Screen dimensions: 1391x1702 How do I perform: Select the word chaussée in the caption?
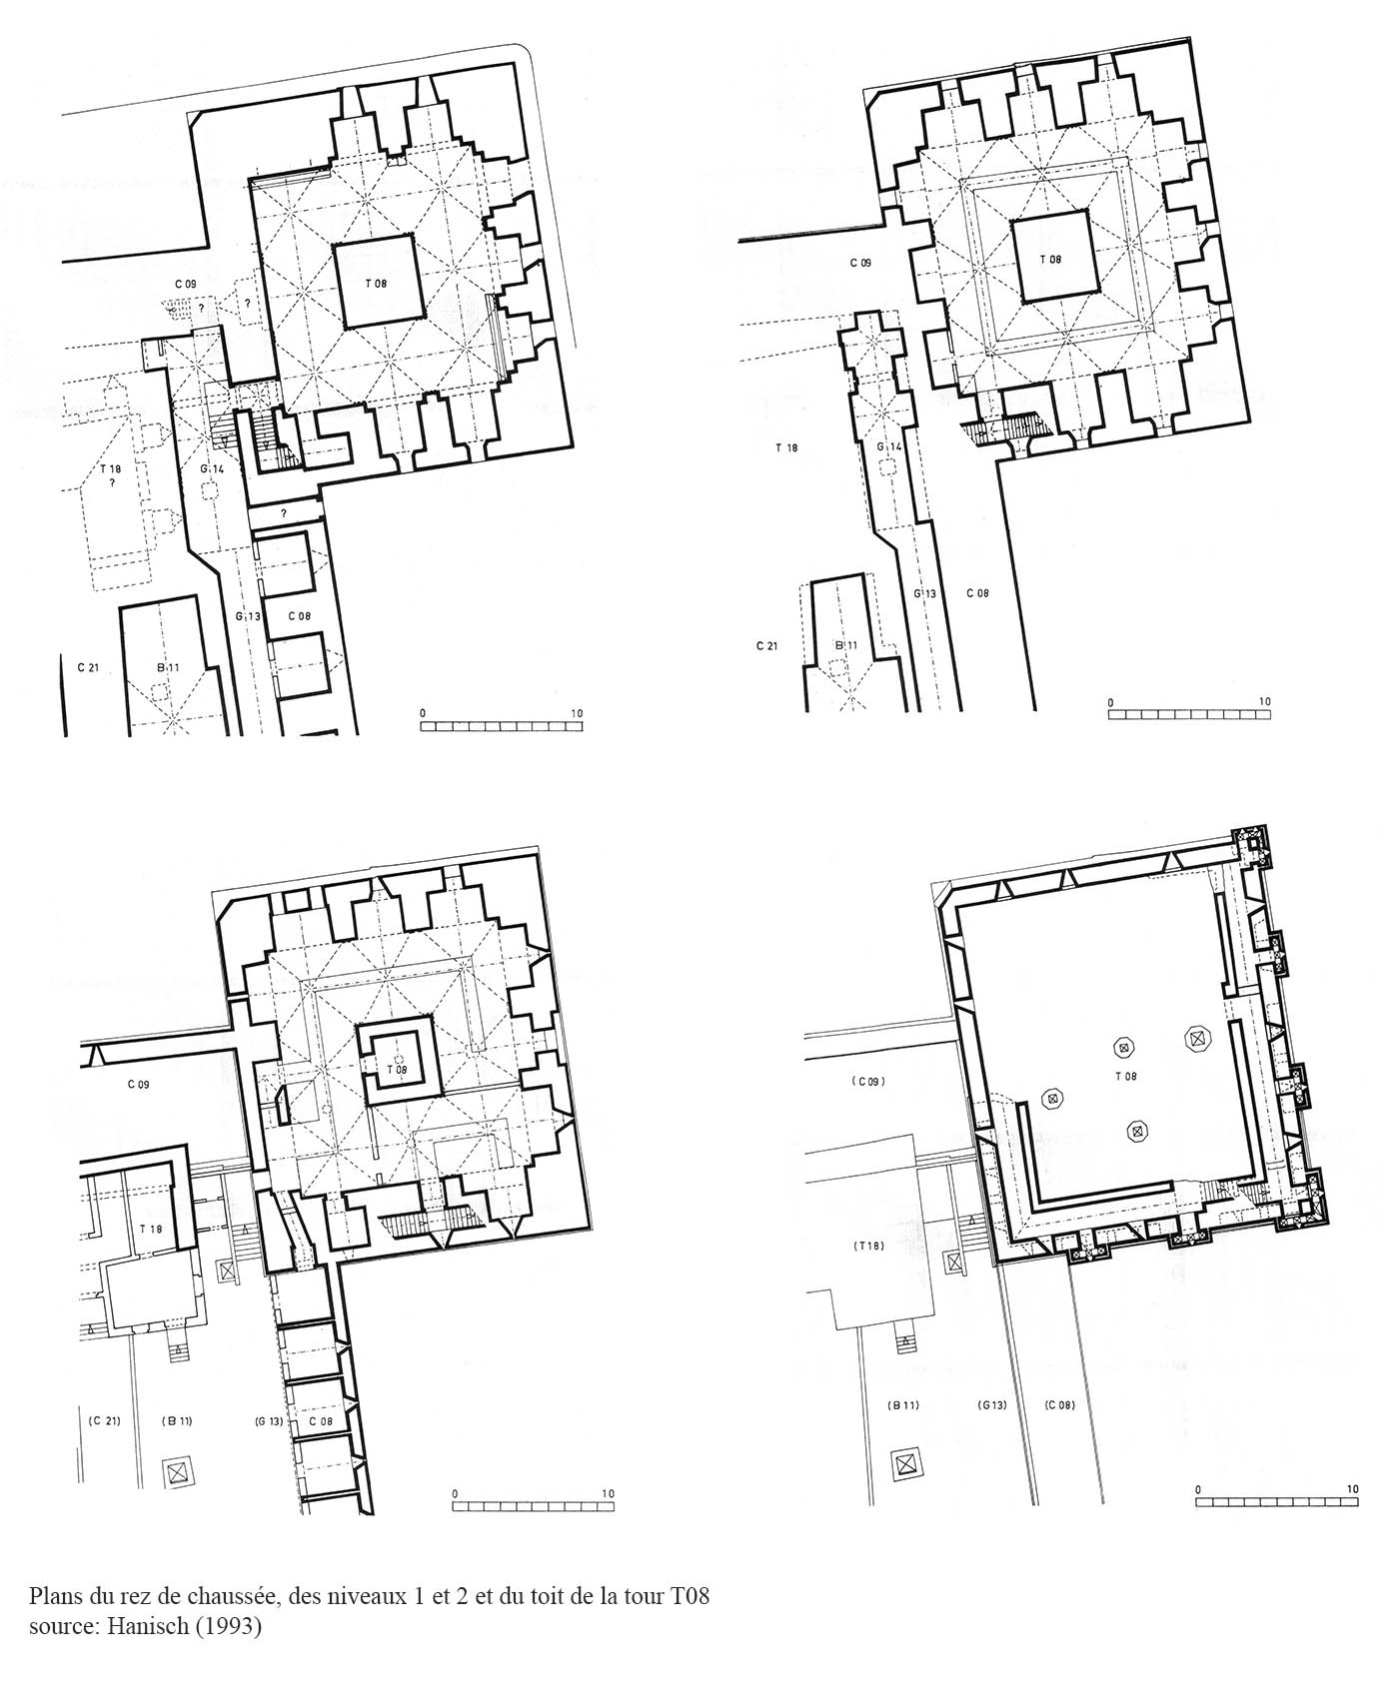224,1596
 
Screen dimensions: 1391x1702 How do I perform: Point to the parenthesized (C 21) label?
104,1420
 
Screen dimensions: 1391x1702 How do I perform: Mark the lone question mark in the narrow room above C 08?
283,513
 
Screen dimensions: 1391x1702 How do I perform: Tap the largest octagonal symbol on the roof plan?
1196,1039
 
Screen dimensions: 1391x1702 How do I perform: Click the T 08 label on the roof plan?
1126,1076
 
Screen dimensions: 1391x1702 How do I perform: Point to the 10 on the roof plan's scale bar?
1352,1488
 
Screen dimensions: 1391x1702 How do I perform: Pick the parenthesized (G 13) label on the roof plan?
992,1405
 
